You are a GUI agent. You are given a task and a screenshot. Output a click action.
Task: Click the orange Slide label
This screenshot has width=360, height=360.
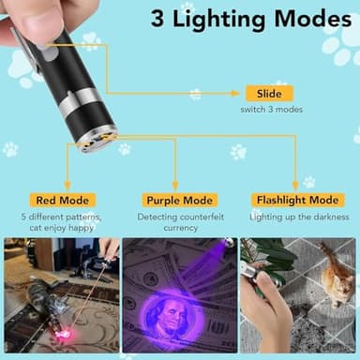pos(269,94)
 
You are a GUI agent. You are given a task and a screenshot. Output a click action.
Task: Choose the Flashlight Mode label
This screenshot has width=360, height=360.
pos(296,200)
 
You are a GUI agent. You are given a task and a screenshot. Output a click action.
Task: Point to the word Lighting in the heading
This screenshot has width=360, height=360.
pos(231,18)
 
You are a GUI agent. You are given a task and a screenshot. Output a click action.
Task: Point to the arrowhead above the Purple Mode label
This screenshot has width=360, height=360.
pos(176,187)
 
